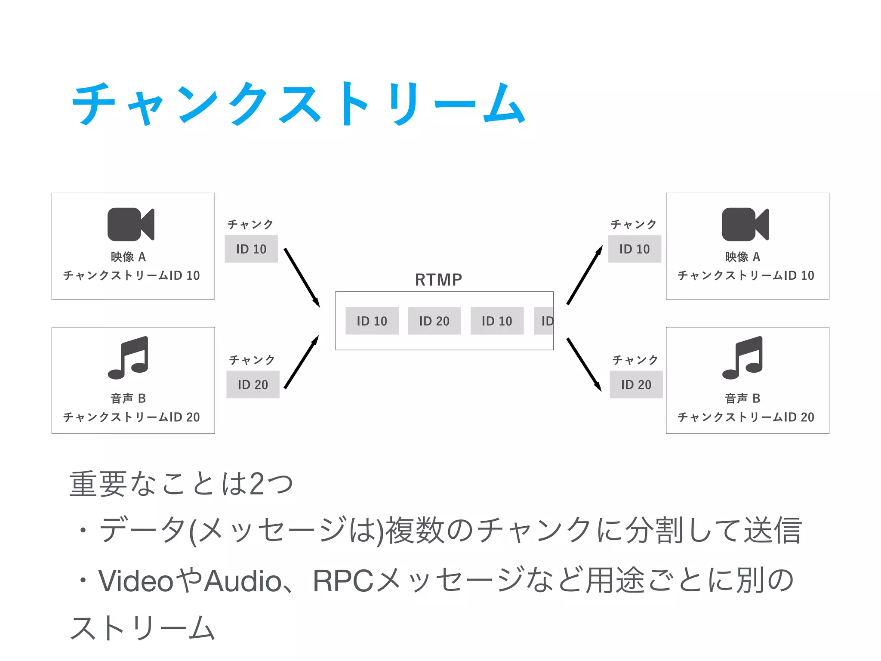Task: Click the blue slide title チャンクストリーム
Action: tap(298, 104)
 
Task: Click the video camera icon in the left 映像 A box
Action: tap(131, 224)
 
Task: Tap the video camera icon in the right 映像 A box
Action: tap(745, 224)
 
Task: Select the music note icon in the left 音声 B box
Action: tap(129, 358)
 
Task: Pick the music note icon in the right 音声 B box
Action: tap(743, 358)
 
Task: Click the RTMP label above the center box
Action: tap(438, 280)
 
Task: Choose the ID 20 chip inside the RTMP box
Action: tap(434, 321)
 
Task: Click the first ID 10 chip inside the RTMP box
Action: tap(372, 321)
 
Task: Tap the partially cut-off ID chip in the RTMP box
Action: tap(544, 321)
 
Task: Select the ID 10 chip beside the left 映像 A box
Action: tap(251, 249)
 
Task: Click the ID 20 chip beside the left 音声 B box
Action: tap(253, 384)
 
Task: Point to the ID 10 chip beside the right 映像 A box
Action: tap(635, 249)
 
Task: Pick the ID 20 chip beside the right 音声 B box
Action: tap(636, 384)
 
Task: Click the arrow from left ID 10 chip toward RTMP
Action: tap(302, 278)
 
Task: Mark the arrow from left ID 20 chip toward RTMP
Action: tap(302, 362)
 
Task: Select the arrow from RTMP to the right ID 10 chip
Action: tap(585, 275)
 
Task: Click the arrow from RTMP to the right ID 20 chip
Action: tap(584, 364)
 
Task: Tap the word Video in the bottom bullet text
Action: tap(136, 581)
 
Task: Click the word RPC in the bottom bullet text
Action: tap(343, 581)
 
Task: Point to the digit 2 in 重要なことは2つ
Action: tap(257, 484)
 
